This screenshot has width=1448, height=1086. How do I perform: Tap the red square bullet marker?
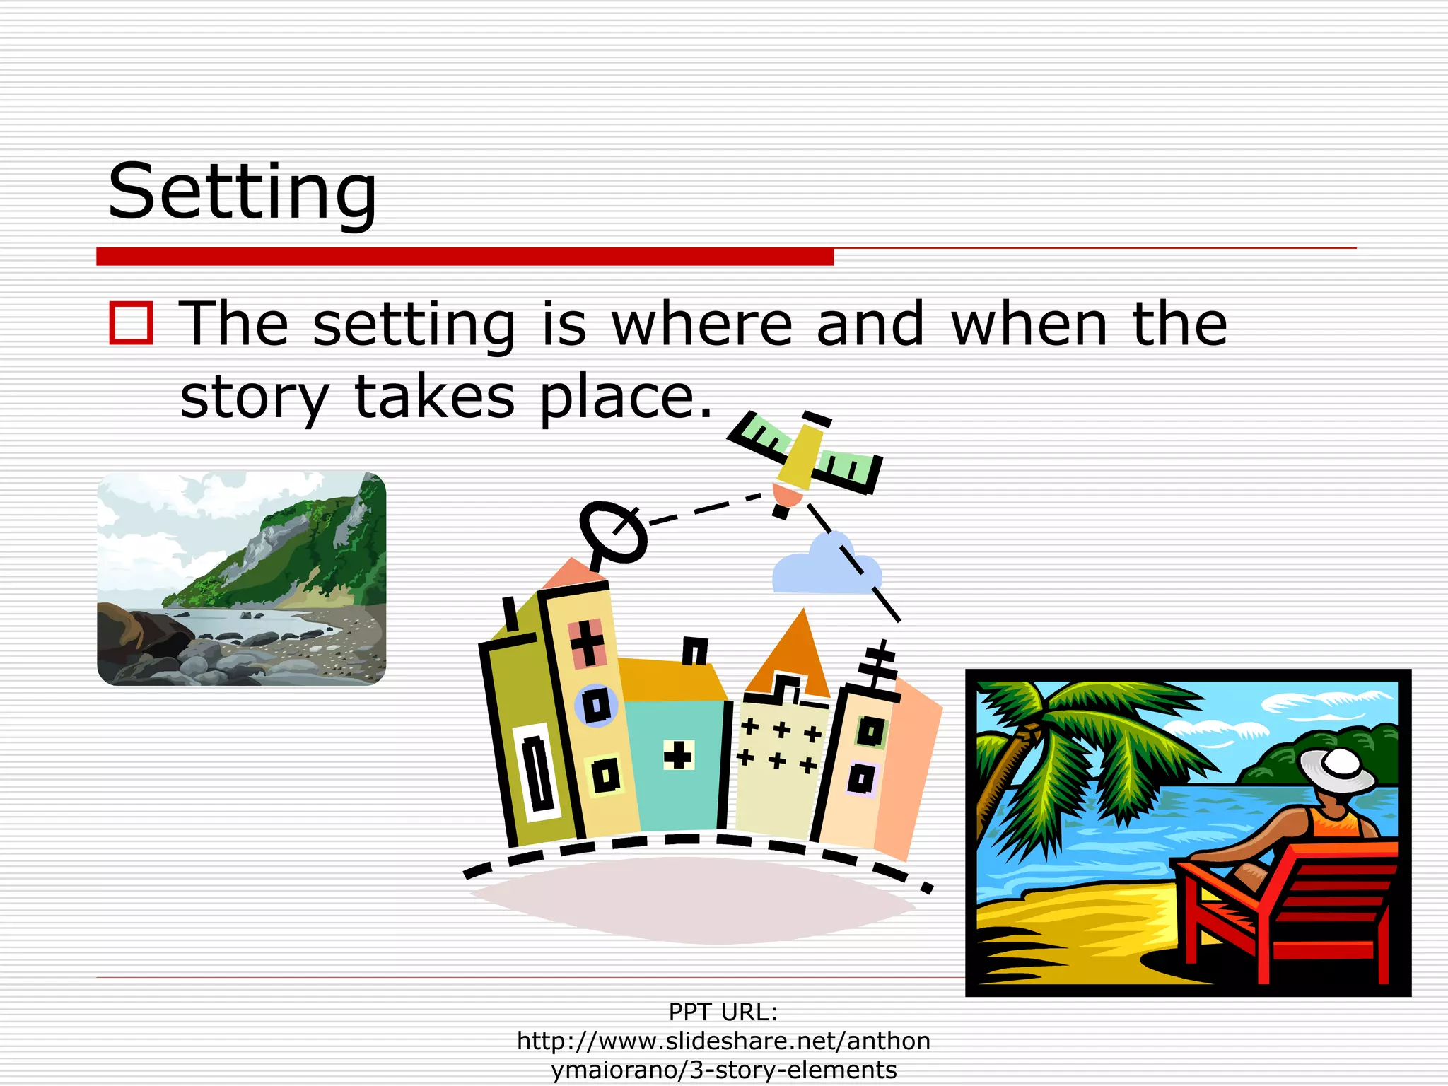click(x=131, y=323)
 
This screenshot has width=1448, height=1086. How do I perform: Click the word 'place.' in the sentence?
click(x=626, y=397)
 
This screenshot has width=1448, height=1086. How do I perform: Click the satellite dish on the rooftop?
click(x=612, y=532)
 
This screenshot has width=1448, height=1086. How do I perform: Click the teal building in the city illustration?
click(x=675, y=764)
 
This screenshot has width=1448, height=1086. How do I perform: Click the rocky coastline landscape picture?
click(x=241, y=578)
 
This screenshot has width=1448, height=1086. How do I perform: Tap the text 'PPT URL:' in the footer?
click(x=723, y=1012)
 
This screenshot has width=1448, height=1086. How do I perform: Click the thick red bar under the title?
click(x=465, y=256)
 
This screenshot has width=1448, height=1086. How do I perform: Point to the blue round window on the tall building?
click(x=597, y=705)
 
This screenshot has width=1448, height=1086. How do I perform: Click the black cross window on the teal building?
click(x=677, y=755)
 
